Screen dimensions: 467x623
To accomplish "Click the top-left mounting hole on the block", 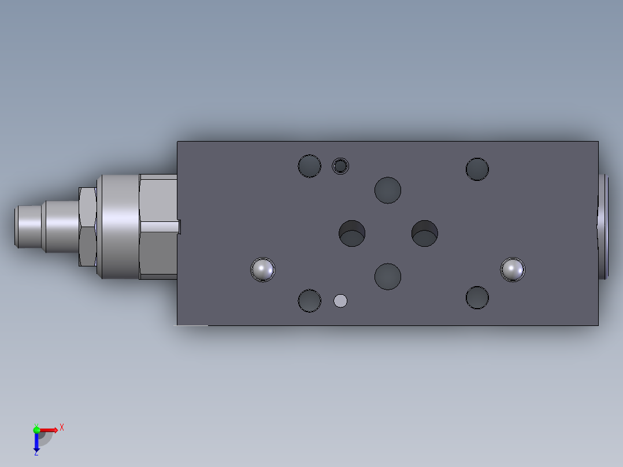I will [310, 166].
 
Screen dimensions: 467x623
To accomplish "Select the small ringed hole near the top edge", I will [340, 166].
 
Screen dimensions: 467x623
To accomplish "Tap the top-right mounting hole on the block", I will [477, 169].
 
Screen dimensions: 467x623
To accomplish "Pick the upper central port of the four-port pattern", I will [388, 190].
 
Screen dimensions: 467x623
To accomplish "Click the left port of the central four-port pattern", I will [352, 233].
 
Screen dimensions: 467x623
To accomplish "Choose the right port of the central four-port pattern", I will [425, 233].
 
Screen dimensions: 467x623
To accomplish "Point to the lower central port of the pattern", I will [388, 276].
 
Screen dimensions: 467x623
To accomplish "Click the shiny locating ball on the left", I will [263, 269].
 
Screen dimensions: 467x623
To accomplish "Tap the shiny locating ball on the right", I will [513, 269].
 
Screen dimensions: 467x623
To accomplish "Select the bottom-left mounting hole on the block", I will [310, 301].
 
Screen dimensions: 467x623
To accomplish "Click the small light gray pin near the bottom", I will [340, 301].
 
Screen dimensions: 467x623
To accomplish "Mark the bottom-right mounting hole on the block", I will [477, 298].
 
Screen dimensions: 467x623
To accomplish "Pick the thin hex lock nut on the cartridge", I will [87, 227].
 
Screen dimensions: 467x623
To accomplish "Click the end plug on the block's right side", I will [603, 227].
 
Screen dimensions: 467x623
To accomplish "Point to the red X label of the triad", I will [62, 427].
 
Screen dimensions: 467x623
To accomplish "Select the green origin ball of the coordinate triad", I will [36, 429].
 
